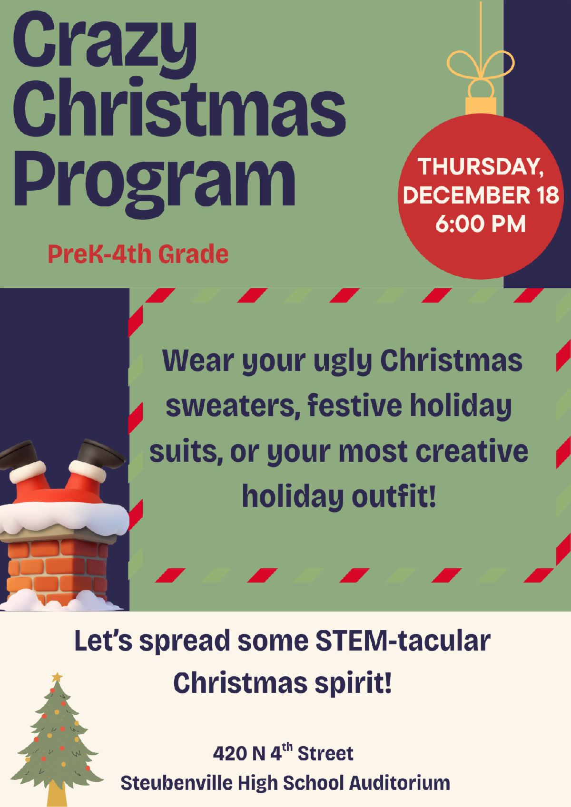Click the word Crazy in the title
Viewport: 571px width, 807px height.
click(x=105, y=44)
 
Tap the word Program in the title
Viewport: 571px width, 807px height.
click(x=154, y=183)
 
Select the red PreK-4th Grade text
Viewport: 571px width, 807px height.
click(x=138, y=254)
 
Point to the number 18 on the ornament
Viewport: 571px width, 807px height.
click(x=547, y=195)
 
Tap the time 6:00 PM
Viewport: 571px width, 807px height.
click(x=481, y=224)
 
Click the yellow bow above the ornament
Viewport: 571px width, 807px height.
click(x=481, y=65)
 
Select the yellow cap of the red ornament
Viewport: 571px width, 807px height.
click(x=481, y=106)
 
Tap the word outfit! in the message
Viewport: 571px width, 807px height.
click(x=394, y=496)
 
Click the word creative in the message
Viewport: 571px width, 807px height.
click(x=472, y=451)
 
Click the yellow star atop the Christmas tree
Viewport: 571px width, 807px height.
click(x=57, y=678)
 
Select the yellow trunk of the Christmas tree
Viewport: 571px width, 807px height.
click(x=57, y=793)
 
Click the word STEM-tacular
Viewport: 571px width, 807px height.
click(x=403, y=642)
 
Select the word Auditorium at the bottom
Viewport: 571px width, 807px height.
click(x=400, y=783)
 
